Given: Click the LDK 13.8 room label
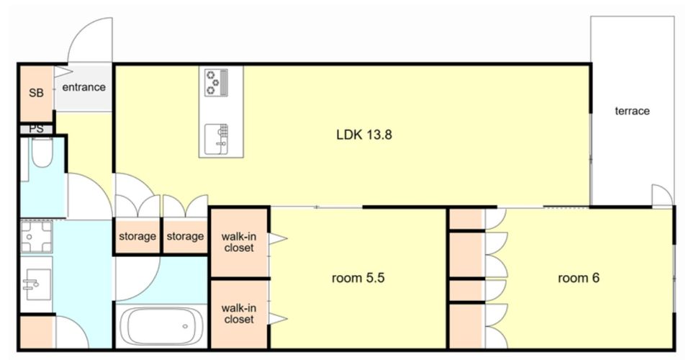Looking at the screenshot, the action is coord(364,135).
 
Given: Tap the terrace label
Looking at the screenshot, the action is coord(632,111).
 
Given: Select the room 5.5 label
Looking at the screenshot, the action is coord(358,278).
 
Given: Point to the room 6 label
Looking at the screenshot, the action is coord(578,278).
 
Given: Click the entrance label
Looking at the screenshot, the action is coord(83,87).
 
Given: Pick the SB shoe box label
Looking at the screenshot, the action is coord(36,93).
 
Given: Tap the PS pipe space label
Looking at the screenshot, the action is coord(36,129).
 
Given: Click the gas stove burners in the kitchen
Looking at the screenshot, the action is coord(216,82).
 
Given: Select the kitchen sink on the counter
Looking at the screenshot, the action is coord(217,139).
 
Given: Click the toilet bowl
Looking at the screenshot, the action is coord(42,153).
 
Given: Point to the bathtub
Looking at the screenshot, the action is coord(161,326).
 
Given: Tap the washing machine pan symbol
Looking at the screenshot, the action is coord(37,237).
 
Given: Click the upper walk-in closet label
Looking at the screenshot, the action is coord(239,243).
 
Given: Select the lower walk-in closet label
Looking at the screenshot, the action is coord(239,313).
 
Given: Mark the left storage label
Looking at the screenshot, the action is coord(137,237).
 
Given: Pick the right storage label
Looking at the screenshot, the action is coord(185,237).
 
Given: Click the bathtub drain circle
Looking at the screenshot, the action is coord(186,326).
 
